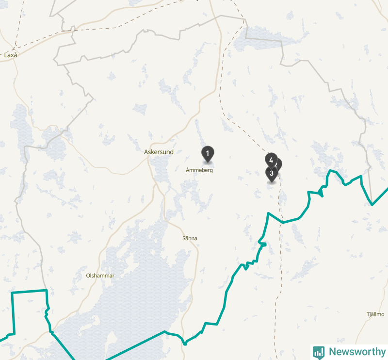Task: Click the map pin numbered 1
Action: pyautogui.click(x=208, y=153)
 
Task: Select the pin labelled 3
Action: pyautogui.click(x=272, y=173)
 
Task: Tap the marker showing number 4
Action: pyautogui.click(x=271, y=159)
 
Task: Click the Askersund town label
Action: pyautogui.click(x=159, y=152)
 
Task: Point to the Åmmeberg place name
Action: pyautogui.click(x=199, y=170)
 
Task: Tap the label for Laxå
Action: pyautogui.click(x=11, y=55)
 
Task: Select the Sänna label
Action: pyautogui.click(x=190, y=238)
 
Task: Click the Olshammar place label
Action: pyautogui.click(x=100, y=276)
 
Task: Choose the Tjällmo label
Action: pyautogui.click(x=375, y=314)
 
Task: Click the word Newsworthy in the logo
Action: pyautogui.click(x=357, y=352)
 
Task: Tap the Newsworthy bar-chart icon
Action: pyautogui.click(x=319, y=352)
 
